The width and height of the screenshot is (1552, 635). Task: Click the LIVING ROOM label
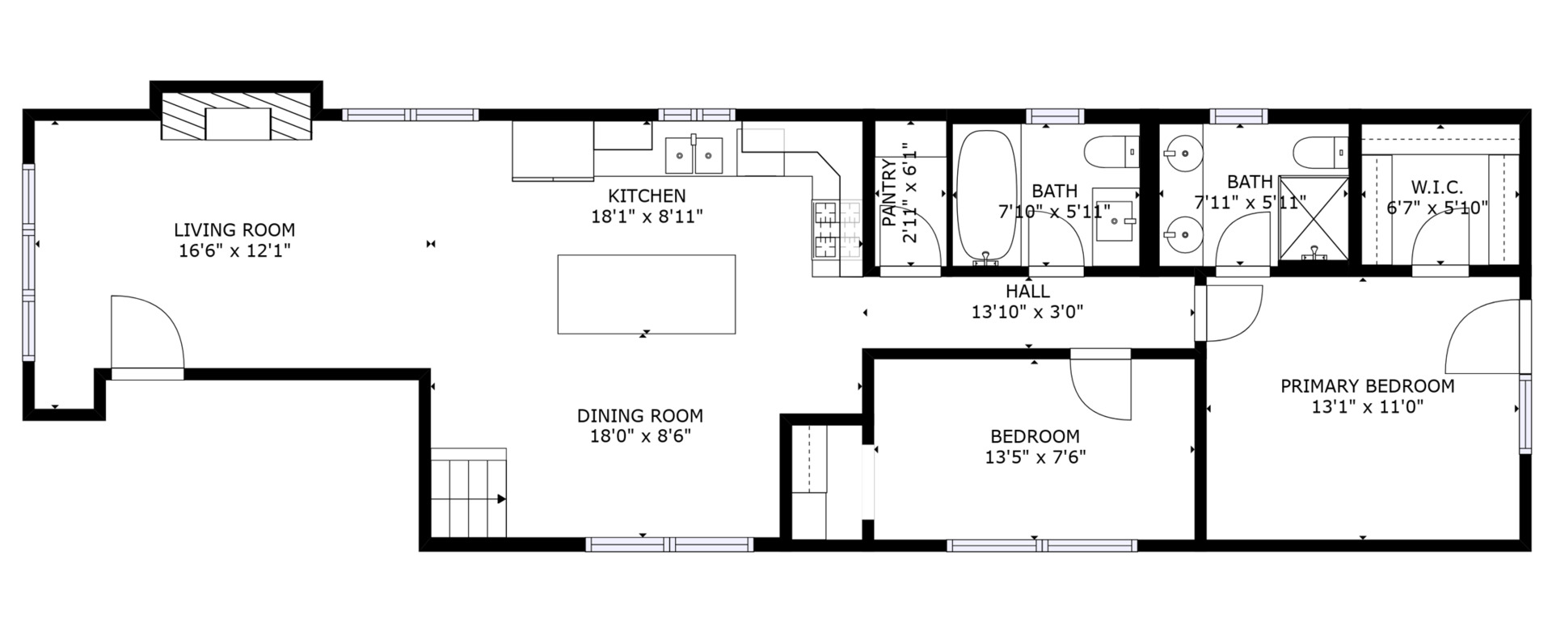click(x=234, y=230)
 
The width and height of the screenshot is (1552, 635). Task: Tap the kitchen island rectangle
click(x=646, y=294)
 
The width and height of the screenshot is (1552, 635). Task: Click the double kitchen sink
click(x=694, y=155)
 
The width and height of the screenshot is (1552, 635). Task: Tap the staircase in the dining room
click(x=468, y=493)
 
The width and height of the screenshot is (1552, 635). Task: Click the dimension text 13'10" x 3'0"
click(x=1027, y=311)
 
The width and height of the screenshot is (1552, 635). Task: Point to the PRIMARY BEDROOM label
click(x=1367, y=386)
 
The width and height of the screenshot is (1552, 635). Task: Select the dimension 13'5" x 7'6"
click(x=1035, y=457)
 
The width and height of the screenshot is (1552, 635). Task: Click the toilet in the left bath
click(x=1111, y=152)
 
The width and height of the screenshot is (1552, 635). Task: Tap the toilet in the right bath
click(x=1319, y=152)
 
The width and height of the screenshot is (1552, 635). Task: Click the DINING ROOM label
click(x=639, y=416)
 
